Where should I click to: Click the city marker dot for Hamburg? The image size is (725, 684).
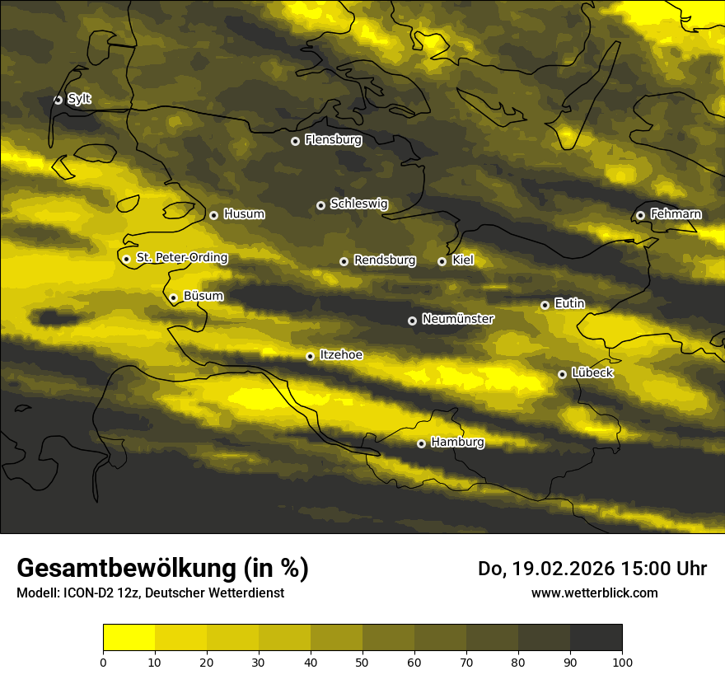(421, 443)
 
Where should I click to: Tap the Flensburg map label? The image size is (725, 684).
(333, 140)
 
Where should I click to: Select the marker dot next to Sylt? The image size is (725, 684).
(58, 100)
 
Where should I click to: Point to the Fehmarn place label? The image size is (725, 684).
(676, 214)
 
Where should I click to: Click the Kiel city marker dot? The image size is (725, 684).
(442, 261)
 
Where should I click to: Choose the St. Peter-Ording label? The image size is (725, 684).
(181, 258)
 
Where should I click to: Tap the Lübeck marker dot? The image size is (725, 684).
(562, 374)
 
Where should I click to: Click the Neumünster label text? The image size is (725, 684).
(458, 319)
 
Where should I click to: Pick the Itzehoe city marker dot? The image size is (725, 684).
(310, 356)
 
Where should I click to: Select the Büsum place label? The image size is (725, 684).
(203, 296)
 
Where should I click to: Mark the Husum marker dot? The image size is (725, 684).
(213, 215)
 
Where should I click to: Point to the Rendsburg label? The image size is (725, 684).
(385, 260)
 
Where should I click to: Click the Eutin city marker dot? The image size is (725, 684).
(545, 305)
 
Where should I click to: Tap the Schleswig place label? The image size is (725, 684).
(358, 204)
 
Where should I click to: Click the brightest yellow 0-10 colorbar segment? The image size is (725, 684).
(129, 637)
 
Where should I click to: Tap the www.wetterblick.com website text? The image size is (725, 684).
(594, 593)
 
